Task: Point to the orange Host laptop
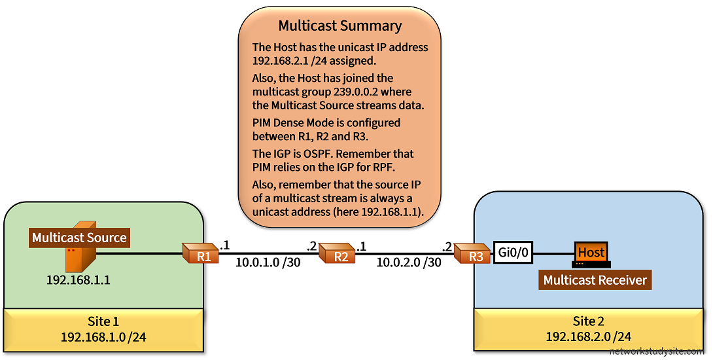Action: click(591, 254)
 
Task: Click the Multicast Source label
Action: click(79, 238)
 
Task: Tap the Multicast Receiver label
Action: click(595, 280)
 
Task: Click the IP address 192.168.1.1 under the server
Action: click(78, 280)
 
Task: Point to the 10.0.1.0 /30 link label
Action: click(268, 263)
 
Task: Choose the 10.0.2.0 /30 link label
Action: click(408, 263)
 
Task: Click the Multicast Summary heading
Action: click(340, 26)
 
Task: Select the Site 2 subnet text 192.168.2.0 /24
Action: click(589, 337)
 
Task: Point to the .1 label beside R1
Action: click(225, 245)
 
